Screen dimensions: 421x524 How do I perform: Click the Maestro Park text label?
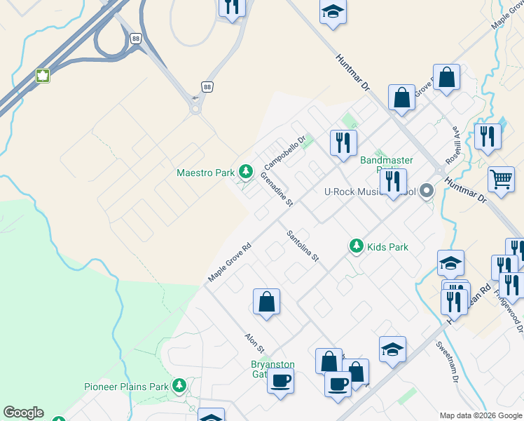coord(205,172)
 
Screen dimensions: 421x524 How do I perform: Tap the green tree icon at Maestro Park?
coord(245,171)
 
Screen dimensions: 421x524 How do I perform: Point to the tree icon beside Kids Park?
coord(357,246)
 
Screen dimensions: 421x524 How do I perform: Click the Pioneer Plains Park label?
coord(126,387)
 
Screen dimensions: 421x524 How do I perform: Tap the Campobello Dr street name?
coord(285,153)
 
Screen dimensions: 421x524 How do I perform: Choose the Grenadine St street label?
coord(277,191)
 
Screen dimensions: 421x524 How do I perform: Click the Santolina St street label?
coord(303,247)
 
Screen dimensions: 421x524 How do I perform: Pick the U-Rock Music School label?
coord(369,192)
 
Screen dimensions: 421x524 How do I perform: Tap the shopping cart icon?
coord(501,180)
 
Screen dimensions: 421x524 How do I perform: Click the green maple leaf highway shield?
coord(43,76)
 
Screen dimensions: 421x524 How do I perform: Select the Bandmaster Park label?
coord(387,161)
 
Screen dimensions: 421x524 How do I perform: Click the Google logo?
coord(23,413)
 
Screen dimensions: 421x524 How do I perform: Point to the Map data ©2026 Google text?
coord(481,415)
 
